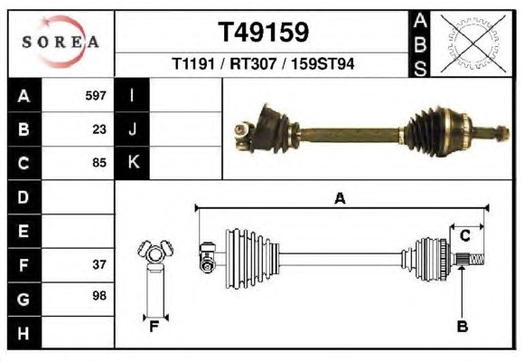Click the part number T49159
point(263,33)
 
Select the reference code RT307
point(253,63)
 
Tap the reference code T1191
point(193,63)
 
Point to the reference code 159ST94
point(323,63)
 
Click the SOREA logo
point(61,42)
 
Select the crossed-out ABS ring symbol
point(473,43)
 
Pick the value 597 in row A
point(96,96)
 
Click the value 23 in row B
point(99,129)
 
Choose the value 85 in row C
point(99,163)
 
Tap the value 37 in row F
point(99,264)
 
